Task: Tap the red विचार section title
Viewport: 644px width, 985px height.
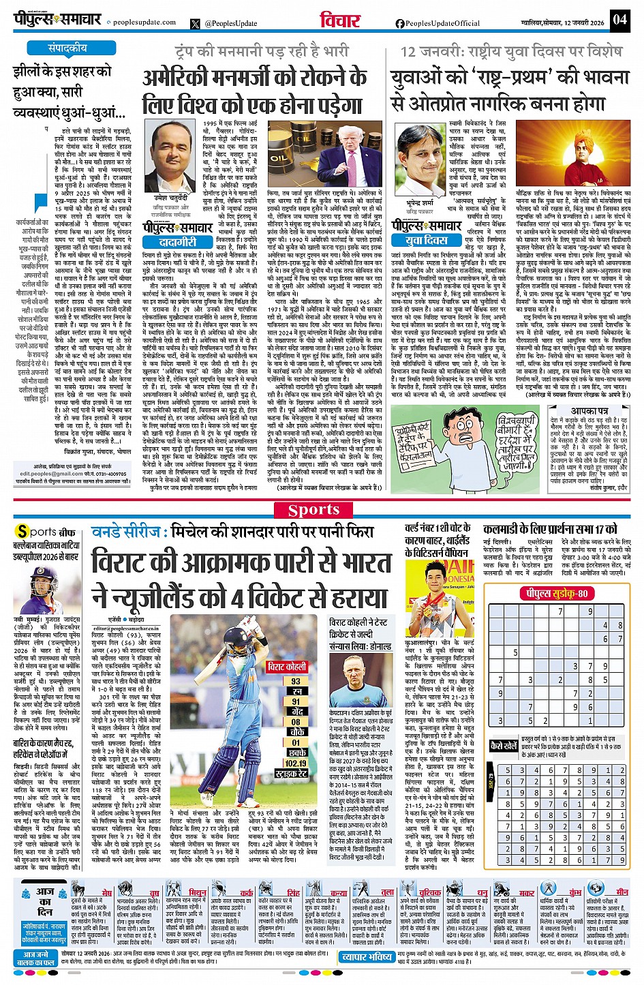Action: tap(339, 20)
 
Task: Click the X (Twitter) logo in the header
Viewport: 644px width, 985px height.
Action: tap(196, 23)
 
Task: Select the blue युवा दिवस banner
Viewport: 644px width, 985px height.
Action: tap(427, 240)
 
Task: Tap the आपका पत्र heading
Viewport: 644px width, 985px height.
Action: tap(589, 411)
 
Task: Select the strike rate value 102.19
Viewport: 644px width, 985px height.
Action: tap(296, 763)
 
